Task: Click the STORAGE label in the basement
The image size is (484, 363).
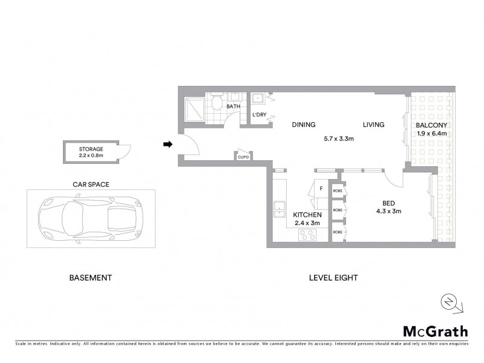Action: pyautogui.click(x=91, y=148)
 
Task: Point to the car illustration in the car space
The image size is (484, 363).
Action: pyautogui.click(x=90, y=215)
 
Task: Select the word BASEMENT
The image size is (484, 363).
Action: pyautogui.click(x=90, y=278)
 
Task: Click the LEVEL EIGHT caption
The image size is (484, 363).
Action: pyautogui.click(x=333, y=278)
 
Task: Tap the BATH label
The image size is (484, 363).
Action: pyautogui.click(x=233, y=107)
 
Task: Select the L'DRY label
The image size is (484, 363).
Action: pyautogui.click(x=260, y=115)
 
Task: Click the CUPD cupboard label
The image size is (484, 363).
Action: pyautogui.click(x=243, y=157)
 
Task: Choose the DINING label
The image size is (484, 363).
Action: pyautogui.click(x=304, y=125)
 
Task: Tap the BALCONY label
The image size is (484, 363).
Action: pyautogui.click(x=431, y=125)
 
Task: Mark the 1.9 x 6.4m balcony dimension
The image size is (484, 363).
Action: pyautogui.click(x=431, y=133)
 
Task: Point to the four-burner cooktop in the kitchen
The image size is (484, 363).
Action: pyautogui.click(x=306, y=236)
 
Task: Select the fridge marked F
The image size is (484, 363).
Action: pyautogui.click(x=321, y=188)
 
